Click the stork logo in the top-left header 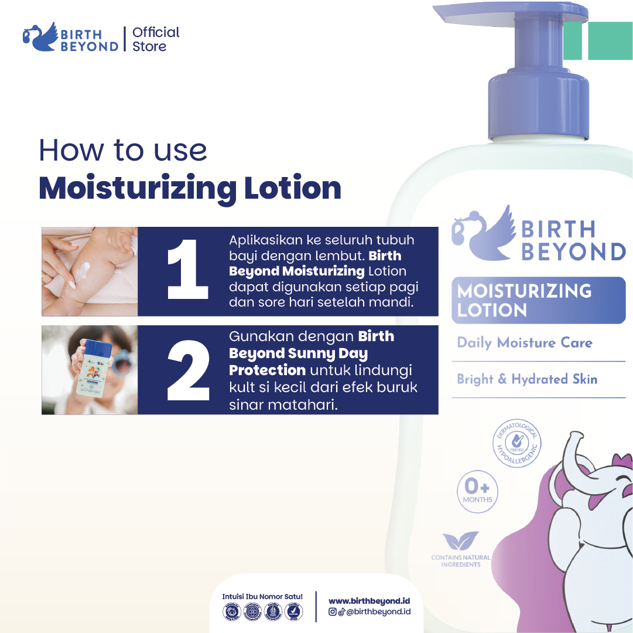[40, 37]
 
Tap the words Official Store [156, 39]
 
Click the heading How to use [123, 150]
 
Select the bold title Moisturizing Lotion [190, 188]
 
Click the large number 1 [187, 271]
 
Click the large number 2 [187, 370]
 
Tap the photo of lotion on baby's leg [90, 271]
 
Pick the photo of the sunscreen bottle [90, 370]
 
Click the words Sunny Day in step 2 [336, 353]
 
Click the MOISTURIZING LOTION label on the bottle [538, 300]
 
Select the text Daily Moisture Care [525, 343]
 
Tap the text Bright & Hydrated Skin [527, 379]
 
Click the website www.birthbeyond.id [369, 601]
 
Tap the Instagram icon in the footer [332, 612]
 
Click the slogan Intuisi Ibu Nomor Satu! [262, 596]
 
